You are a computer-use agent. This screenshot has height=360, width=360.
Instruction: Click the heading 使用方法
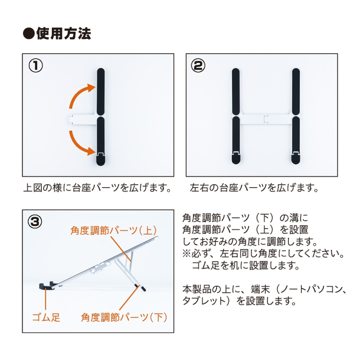point(63,34)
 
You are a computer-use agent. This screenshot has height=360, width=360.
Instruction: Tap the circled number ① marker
point(36,65)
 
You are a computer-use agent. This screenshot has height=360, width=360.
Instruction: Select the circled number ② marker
point(198,65)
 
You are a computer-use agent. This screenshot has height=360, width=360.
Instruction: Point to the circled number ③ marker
point(35,222)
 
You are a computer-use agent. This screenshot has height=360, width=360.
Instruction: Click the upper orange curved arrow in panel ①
point(78,94)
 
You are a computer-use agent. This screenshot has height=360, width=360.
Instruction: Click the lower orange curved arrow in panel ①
point(78,145)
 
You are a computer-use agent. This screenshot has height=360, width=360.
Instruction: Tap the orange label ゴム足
point(46,318)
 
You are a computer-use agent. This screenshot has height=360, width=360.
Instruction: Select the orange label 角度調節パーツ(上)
point(114,230)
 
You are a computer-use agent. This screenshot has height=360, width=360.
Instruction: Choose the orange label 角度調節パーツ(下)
point(124,318)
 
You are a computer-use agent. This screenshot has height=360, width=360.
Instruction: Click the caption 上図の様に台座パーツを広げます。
point(97,188)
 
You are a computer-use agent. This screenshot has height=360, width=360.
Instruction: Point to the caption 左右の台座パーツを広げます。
point(254,188)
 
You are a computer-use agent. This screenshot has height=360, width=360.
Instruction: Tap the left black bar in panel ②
point(236,116)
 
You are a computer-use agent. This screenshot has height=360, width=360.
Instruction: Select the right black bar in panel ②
point(296,116)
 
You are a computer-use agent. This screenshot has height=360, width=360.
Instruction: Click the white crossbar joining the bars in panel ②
point(266,119)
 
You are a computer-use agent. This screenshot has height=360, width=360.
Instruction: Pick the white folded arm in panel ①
point(83,120)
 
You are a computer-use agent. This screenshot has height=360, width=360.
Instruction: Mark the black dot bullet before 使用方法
point(29,34)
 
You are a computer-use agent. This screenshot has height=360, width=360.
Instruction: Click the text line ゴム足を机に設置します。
point(246,265)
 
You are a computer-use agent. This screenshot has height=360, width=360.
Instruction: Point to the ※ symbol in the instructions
point(187,253)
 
